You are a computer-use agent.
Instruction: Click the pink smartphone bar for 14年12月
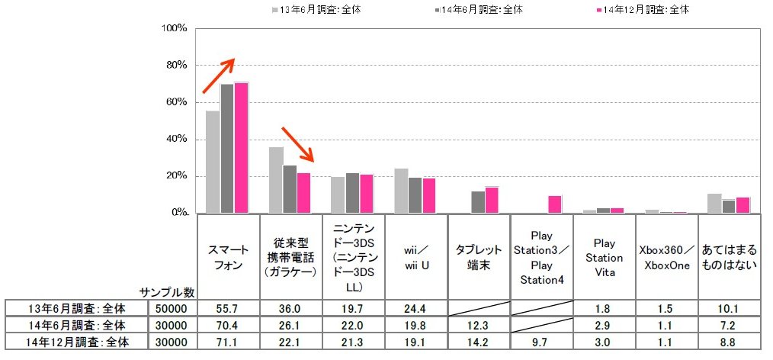pos(242,148)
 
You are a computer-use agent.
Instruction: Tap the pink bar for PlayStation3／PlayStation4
pos(556,204)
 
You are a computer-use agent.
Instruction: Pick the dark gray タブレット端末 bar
pos(478,202)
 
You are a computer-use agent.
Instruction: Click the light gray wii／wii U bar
pos(401,191)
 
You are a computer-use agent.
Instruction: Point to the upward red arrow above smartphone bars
pos(219,77)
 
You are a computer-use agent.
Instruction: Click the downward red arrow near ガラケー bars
pos(298,145)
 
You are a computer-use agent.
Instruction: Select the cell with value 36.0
pos(290,308)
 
